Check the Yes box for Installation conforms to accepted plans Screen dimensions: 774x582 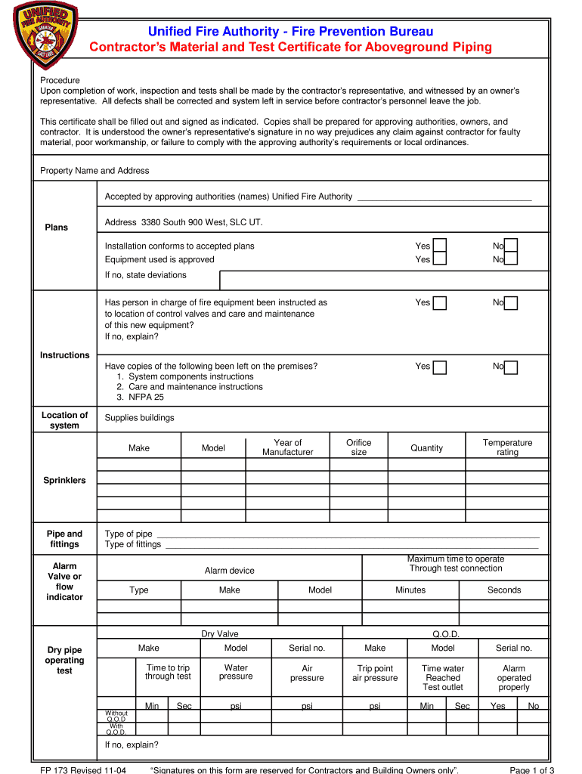(439, 246)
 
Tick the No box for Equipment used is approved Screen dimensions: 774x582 (511, 259)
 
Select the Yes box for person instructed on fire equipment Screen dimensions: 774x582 (439, 303)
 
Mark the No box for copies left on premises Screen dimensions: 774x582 (511, 367)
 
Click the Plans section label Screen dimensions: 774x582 (56, 228)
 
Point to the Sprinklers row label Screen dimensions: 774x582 (64, 481)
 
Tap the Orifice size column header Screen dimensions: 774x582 (358, 447)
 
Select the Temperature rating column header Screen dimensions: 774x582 (507, 447)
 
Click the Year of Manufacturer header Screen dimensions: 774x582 (287, 447)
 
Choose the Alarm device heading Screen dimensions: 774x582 (229, 571)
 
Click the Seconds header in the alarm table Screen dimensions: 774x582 (503, 590)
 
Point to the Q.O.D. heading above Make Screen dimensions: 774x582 (446, 634)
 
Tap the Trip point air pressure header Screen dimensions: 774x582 (374, 673)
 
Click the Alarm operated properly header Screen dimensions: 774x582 (514, 678)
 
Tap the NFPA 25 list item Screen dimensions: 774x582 (140, 397)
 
